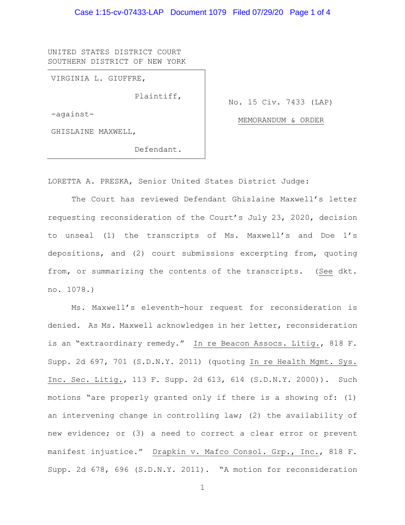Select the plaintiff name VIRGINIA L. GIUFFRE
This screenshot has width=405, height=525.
point(98,79)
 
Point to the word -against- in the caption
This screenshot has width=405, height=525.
point(72,114)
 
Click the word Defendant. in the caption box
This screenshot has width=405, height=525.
point(158,149)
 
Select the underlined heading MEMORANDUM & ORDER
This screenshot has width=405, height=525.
point(281,120)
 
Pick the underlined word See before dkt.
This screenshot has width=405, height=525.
point(326,271)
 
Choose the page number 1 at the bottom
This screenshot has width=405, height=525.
point(202,488)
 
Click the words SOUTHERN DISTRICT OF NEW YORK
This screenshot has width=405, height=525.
point(117,62)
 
